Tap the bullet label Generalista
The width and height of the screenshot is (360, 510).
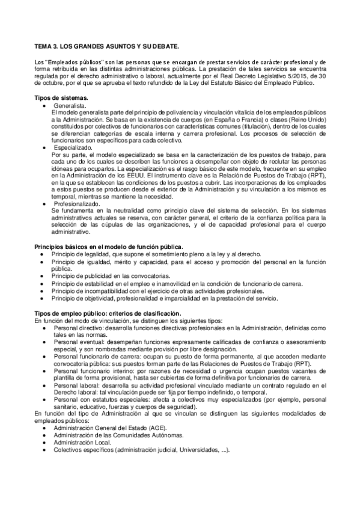(71, 105)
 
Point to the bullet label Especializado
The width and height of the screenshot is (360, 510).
(74, 147)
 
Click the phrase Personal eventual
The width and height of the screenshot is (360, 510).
(78, 341)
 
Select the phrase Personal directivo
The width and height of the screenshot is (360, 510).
(78, 327)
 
